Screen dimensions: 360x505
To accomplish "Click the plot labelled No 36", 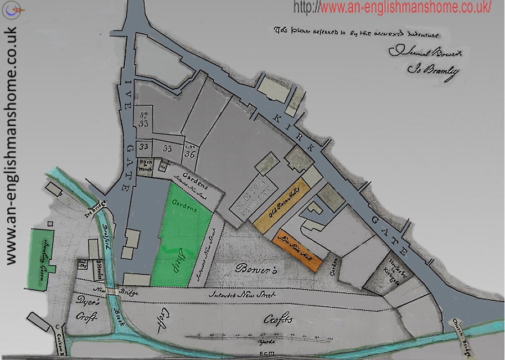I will point(191,150).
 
